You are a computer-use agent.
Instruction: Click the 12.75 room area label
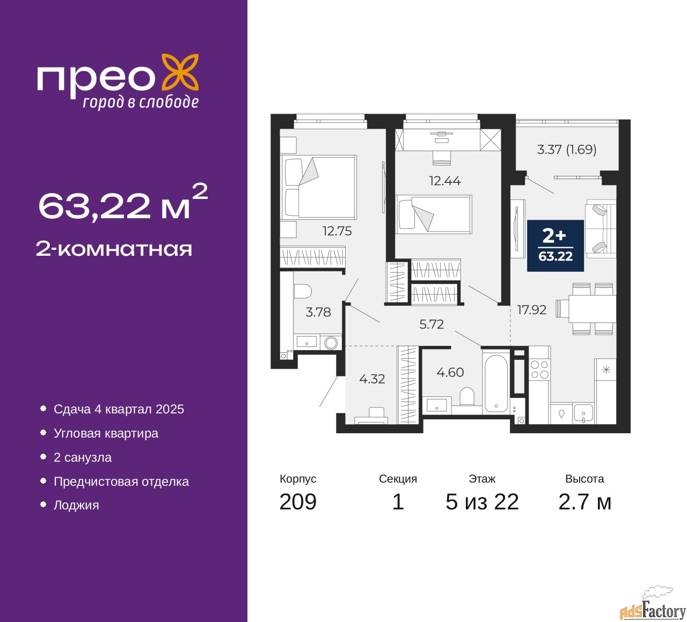click(x=337, y=231)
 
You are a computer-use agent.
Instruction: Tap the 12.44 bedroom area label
click(x=445, y=181)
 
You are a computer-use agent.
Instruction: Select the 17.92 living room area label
click(x=531, y=310)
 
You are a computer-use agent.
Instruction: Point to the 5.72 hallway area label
click(x=432, y=324)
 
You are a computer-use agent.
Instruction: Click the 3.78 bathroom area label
click(x=318, y=312)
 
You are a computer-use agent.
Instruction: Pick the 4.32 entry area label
click(x=372, y=379)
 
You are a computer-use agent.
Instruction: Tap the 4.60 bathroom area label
click(x=450, y=372)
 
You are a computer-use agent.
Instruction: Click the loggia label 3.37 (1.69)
click(x=566, y=150)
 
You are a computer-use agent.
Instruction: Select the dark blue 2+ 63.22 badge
click(x=555, y=246)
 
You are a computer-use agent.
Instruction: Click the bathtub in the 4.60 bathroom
click(x=496, y=384)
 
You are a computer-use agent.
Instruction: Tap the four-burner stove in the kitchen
click(x=540, y=370)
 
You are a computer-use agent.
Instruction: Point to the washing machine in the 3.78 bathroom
click(x=331, y=343)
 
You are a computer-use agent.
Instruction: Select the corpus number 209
click(x=298, y=502)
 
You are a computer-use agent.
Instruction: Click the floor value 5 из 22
click(x=482, y=502)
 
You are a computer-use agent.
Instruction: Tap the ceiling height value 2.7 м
click(x=584, y=502)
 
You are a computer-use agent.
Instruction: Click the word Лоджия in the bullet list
click(x=76, y=506)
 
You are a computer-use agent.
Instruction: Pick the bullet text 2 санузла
click(x=83, y=457)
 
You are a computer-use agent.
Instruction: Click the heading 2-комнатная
click(x=114, y=249)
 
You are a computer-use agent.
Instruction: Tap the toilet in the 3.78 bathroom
click(x=302, y=292)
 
